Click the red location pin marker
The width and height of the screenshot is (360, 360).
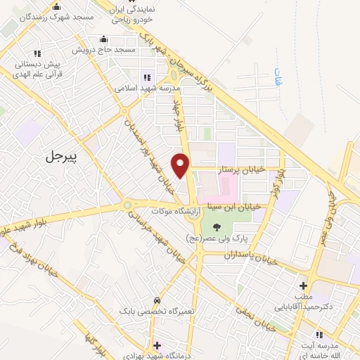181,165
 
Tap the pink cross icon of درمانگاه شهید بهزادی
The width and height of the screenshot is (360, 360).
157,345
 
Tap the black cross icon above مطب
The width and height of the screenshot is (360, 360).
303,285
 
